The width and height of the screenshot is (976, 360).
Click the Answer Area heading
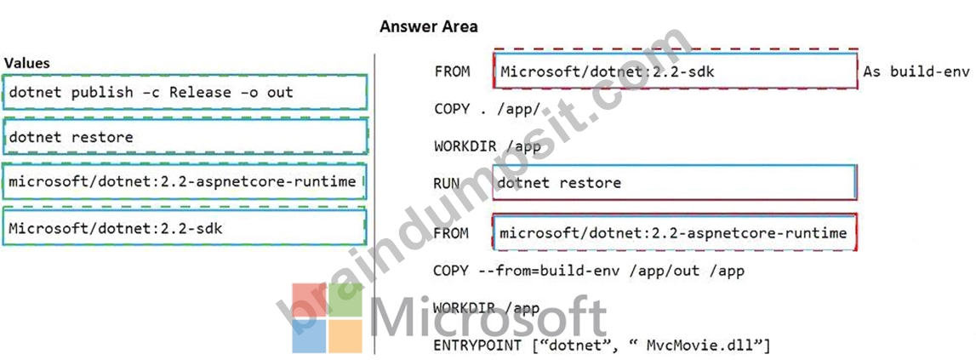tap(429, 26)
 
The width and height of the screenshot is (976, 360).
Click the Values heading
tap(26, 63)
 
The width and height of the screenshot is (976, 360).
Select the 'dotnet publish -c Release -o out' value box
tap(185, 92)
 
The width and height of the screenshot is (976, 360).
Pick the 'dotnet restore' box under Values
tap(185, 136)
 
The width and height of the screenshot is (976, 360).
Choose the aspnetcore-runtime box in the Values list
tap(184, 181)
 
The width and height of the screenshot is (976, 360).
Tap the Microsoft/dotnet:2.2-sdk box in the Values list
tap(184, 228)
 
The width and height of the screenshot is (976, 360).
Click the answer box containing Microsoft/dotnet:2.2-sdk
tap(676, 71)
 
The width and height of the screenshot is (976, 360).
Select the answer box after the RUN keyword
tap(675, 182)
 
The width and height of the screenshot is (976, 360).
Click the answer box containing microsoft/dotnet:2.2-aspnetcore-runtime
tap(675, 232)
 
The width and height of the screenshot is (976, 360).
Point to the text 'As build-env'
tap(916, 71)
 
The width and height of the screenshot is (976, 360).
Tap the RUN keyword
tap(447, 183)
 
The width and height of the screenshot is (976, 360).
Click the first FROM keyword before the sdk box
tap(452, 71)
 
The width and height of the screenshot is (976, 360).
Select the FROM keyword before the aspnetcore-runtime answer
tap(451, 233)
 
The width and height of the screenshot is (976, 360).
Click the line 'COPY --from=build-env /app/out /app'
tap(589, 271)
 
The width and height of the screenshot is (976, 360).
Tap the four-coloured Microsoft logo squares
tap(328, 318)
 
